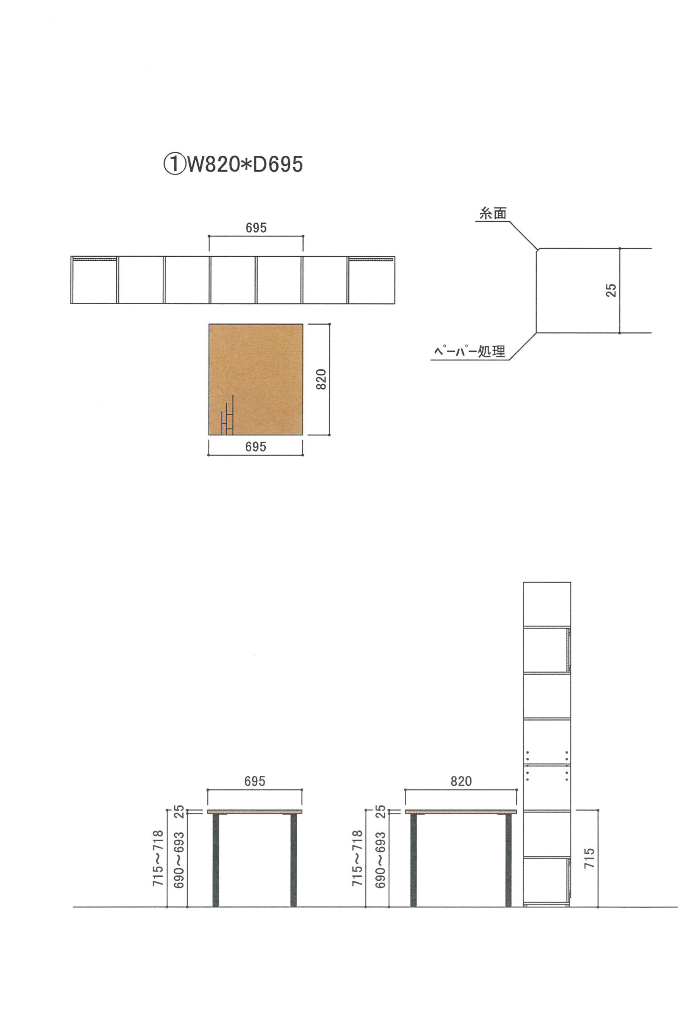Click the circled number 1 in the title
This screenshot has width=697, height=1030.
tap(174, 164)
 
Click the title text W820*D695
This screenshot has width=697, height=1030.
tap(245, 164)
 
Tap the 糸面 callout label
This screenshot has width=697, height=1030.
tap(492, 214)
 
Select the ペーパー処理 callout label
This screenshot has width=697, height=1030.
tap(469, 352)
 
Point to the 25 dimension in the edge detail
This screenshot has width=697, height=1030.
tap(611, 290)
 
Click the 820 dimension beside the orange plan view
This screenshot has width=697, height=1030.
tap(321, 379)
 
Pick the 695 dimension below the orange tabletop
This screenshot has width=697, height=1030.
tap(256, 447)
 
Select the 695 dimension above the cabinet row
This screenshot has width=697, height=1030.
tap(256, 228)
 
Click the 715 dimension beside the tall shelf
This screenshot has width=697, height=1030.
tap(589, 859)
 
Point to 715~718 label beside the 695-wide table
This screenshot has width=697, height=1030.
tap(158, 859)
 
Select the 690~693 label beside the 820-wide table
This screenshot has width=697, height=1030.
tap(380, 860)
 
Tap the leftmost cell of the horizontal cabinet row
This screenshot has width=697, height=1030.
tap(94, 280)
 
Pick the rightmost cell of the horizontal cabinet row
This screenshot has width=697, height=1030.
tap(371, 280)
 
